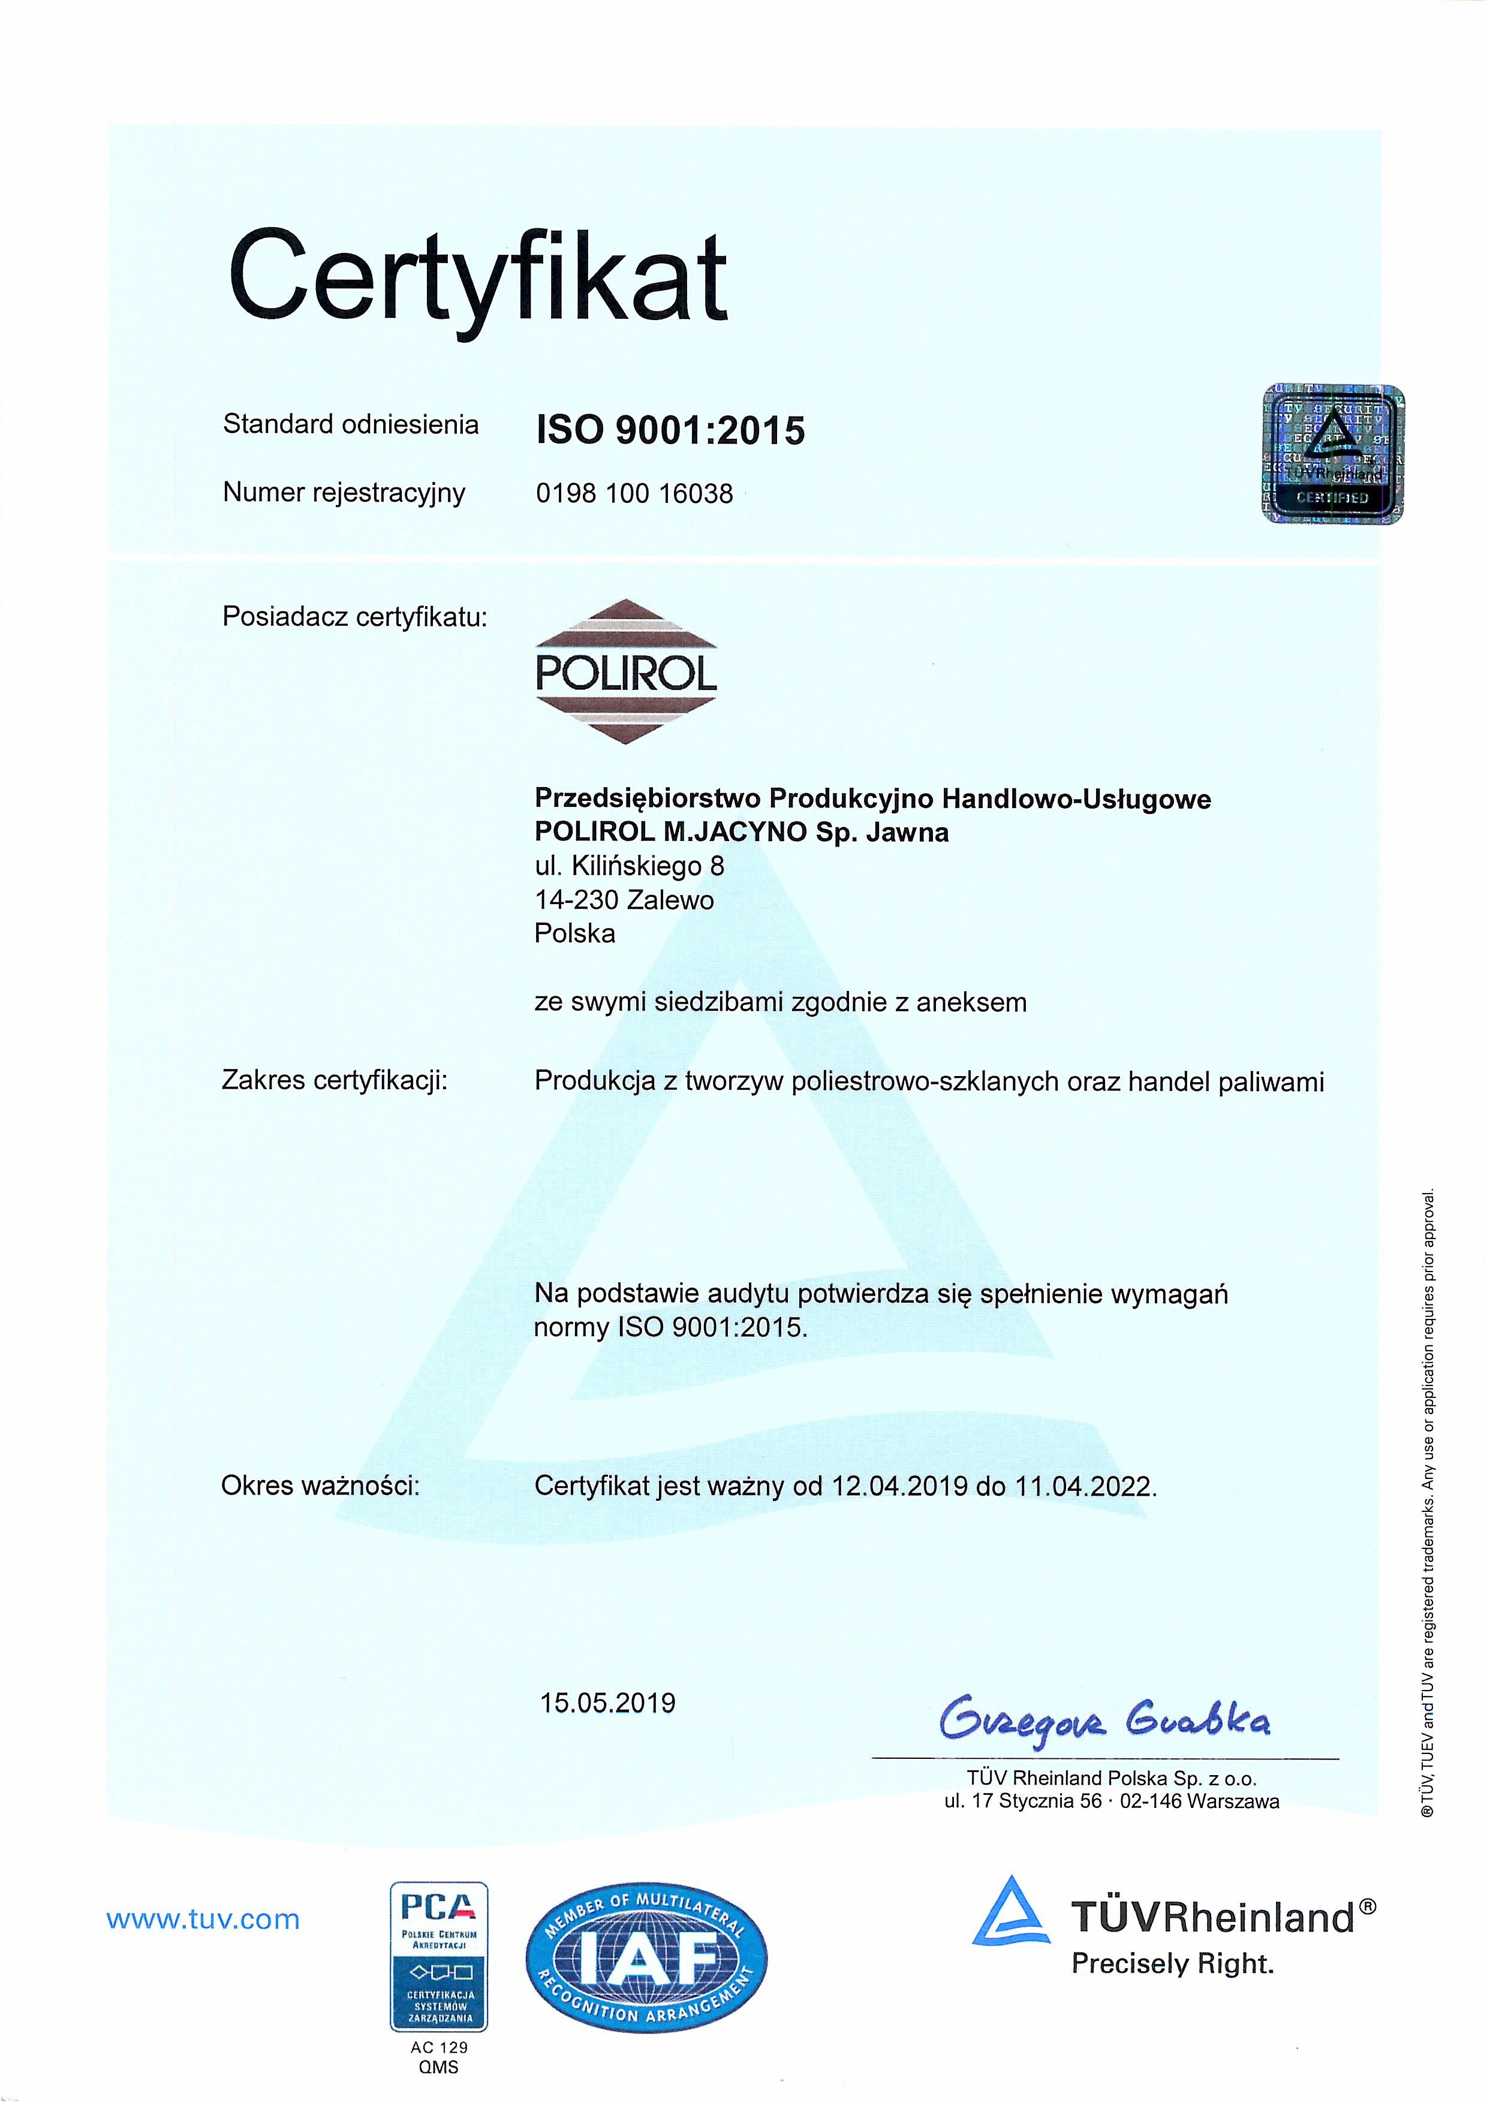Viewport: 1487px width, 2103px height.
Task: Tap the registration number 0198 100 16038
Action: click(634, 494)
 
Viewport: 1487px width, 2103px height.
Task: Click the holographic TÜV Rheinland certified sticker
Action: click(1332, 454)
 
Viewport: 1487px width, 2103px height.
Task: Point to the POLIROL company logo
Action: click(626, 671)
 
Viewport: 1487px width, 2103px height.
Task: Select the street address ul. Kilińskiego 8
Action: click(630, 866)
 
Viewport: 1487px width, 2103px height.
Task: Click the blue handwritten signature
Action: click(1103, 1721)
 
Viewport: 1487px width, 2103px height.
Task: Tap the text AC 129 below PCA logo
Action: click(439, 2046)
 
